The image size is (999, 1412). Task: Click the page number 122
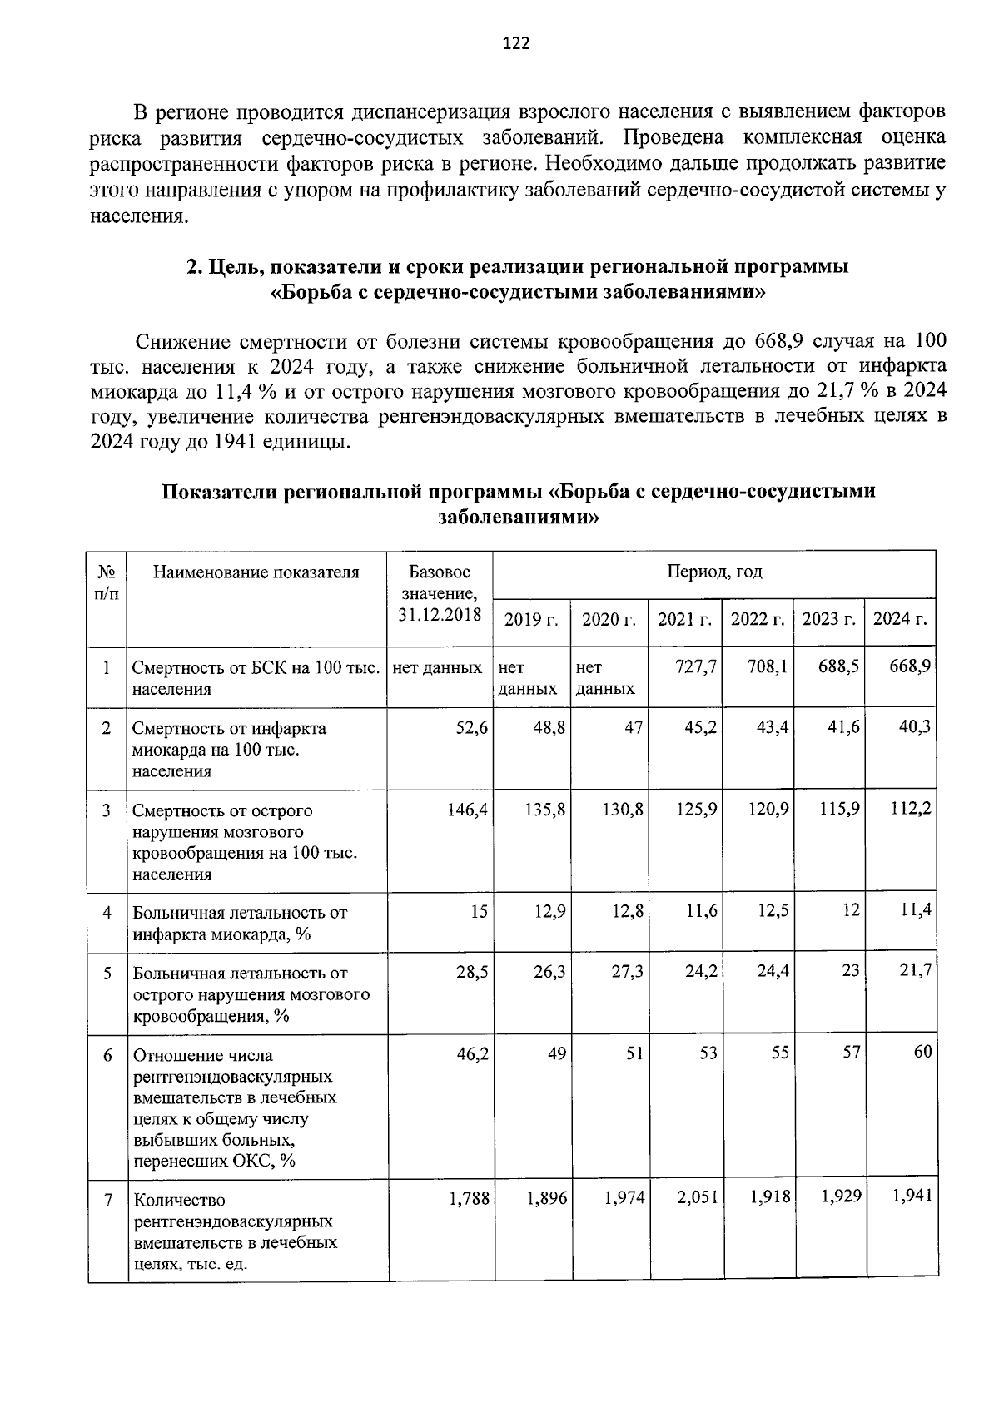coord(516,44)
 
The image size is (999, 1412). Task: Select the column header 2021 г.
coord(684,619)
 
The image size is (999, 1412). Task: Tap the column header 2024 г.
coord(900,619)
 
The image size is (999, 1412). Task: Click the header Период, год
coord(713,572)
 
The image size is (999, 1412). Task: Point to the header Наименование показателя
coord(256,572)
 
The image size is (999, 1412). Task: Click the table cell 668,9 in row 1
coord(909,667)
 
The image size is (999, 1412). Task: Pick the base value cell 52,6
coord(471,728)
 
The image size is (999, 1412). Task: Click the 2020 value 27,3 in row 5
coord(627,972)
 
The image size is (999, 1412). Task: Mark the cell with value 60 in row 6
coord(922,1053)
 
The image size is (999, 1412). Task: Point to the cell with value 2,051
coord(698,1198)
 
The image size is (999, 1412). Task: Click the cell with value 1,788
coord(469,1199)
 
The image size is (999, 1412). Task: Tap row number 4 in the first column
coord(107,913)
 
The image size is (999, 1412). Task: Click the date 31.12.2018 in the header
coord(439,615)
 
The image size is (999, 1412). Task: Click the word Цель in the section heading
coord(231,268)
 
